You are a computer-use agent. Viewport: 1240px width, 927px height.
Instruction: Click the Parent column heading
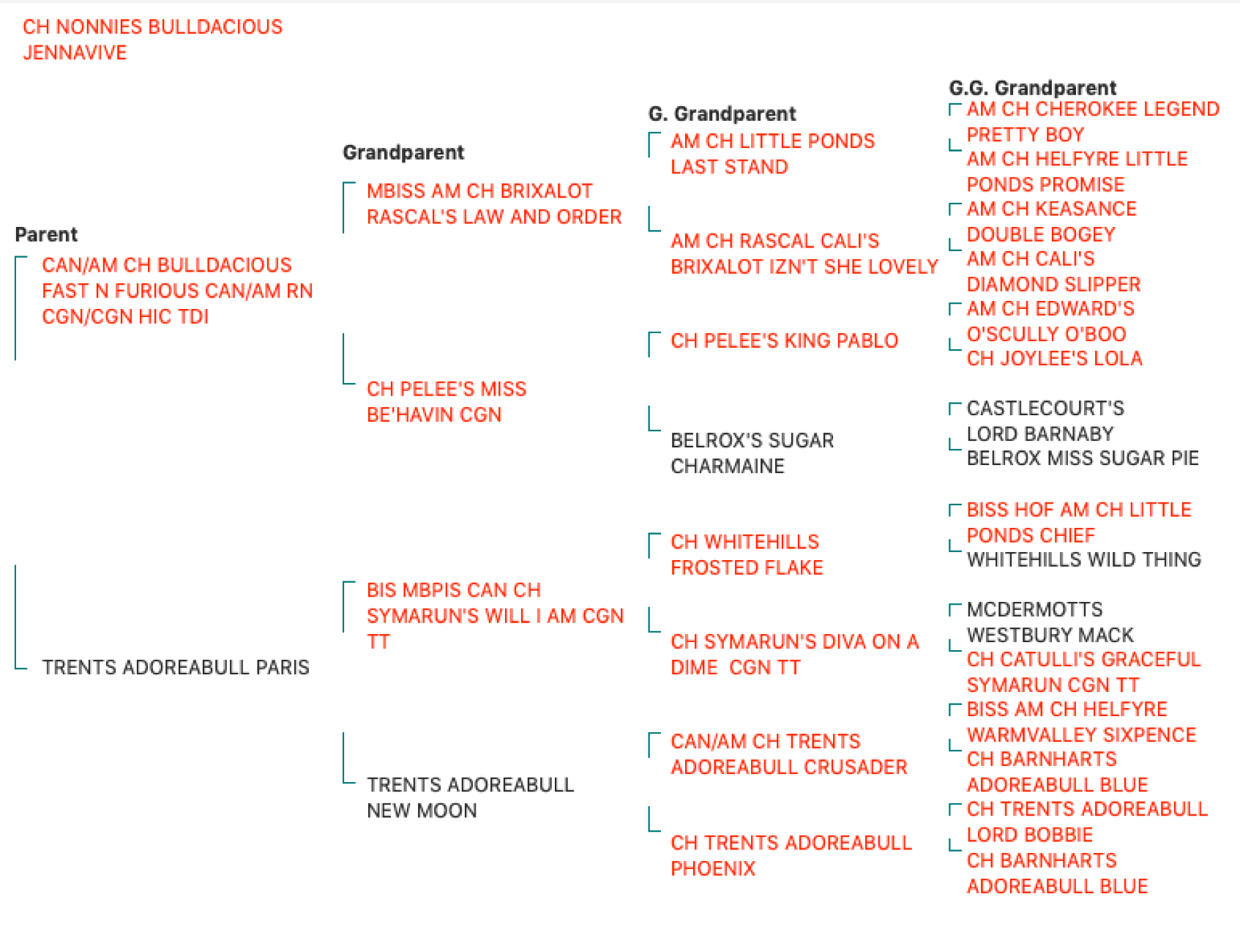tap(46, 234)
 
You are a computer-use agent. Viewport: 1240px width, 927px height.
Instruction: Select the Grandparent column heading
tap(403, 152)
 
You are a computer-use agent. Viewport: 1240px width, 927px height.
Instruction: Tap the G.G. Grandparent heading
tap(1033, 88)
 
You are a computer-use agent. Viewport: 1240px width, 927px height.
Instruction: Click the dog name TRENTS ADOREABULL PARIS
tap(176, 667)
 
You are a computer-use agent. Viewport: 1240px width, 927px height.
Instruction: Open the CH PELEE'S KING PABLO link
tap(784, 340)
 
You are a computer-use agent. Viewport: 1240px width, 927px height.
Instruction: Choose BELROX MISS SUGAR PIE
tap(1083, 458)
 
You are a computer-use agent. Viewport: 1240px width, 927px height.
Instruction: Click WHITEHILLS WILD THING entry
tap(1084, 559)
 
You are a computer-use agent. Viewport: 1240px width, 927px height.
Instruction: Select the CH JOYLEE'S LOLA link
tap(1055, 359)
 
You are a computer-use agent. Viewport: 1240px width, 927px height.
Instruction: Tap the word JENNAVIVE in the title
tap(75, 53)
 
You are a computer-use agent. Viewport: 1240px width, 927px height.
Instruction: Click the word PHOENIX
tap(713, 868)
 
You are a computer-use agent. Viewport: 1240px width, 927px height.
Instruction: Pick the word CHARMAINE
tap(728, 466)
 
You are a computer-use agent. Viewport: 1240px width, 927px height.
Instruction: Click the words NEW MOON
tap(422, 811)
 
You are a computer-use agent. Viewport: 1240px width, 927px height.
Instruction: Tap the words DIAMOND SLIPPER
tap(1054, 284)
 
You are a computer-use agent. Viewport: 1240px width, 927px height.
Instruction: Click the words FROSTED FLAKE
tap(747, 567)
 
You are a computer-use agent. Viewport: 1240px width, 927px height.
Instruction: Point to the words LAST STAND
tap(729, 167)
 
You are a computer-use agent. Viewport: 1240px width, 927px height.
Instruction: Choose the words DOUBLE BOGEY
tap(1041, 234)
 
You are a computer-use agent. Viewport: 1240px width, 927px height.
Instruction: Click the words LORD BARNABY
tap(1040, 434)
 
